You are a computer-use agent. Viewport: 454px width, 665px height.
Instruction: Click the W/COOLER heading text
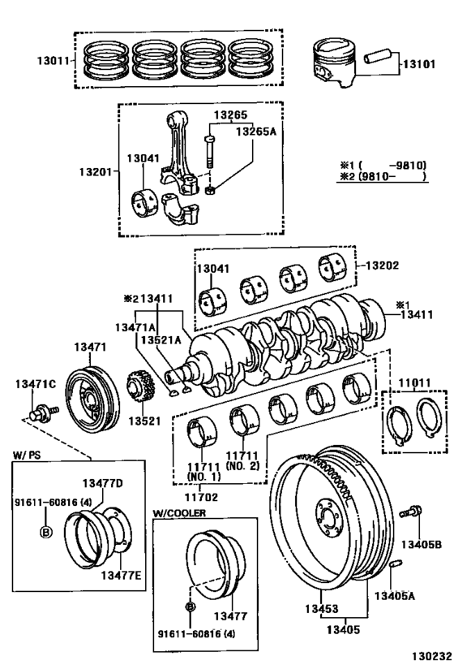pos(179,513)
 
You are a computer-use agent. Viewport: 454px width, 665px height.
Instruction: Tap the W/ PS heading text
pos(27,455)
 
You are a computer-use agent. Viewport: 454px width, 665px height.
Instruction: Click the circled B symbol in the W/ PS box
pos(46,531)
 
